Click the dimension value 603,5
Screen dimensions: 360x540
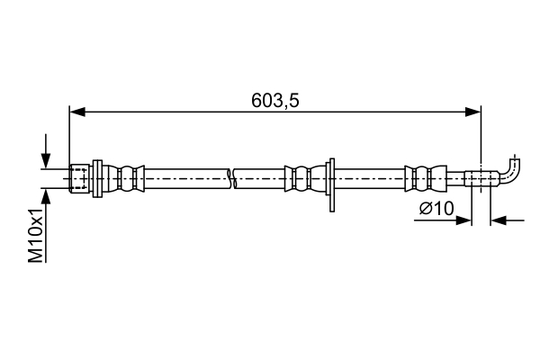(275, 100)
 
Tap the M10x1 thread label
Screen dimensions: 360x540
(36, 237)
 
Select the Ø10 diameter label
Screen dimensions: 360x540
(436, 209)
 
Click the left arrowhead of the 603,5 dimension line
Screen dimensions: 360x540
(76, 112)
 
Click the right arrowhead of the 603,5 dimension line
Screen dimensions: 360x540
(473, 112)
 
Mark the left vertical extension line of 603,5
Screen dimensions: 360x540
(69, 135)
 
